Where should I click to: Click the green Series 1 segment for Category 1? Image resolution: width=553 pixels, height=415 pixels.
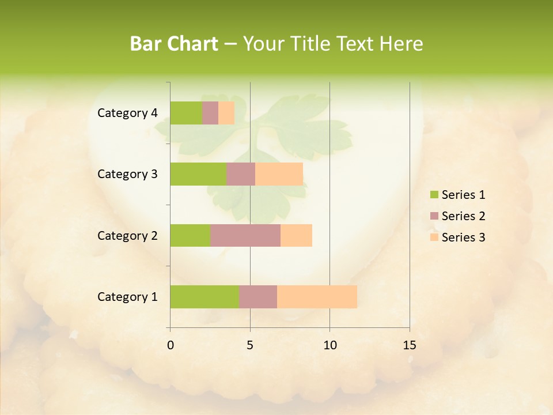(x=204, y=297)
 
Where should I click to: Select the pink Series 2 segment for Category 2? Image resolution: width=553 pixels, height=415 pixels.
(x=245, y=235)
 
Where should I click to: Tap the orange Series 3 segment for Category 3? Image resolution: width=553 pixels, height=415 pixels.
(x=279, y=174)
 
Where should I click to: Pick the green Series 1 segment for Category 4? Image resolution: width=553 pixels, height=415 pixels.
(x=186, y=113)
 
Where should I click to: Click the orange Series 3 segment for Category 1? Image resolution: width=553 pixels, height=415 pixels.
(x=317, y=297)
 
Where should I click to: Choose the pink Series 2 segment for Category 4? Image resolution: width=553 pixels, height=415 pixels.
(x=210, y=113)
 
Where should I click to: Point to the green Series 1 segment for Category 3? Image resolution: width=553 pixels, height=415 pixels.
(x=198, y=174)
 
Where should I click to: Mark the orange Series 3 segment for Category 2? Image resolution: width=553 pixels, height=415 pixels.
(x=296, y=235)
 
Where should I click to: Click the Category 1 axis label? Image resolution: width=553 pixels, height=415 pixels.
(x=127, y=297)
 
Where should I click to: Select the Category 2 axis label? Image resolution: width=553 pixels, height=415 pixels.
(x=127, y=235)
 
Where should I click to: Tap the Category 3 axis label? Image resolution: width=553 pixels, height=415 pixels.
(x=127, y=174)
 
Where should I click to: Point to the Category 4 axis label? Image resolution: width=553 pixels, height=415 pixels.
(x=127, y=113)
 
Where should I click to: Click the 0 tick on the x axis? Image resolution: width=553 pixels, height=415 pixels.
(x=171, y=345)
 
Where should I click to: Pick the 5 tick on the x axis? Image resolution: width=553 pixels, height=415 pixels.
(x=250, y=345)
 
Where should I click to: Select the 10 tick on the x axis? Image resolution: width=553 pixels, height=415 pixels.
(x=329, y=345)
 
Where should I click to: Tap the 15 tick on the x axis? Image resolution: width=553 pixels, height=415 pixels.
(x=409, y=345)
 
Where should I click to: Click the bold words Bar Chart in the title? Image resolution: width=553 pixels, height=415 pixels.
(x=174, y=44)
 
